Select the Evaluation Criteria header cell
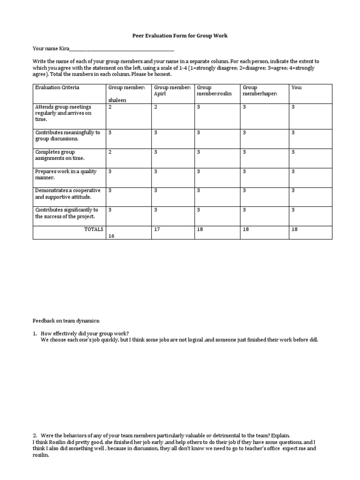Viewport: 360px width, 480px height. tap(57, 88)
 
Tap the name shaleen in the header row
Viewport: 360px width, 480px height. tap(118, 99)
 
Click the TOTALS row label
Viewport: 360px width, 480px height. tap(93, 229)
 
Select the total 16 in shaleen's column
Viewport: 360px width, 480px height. tap(112, 236)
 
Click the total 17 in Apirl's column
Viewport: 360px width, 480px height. tap(157, 229)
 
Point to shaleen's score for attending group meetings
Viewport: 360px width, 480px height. tap(110, 107)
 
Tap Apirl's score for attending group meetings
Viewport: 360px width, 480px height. tap(156, 107)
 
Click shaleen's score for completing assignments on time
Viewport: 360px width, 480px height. tap(110, 152)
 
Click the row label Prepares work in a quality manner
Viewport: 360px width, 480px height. tap(66, 174)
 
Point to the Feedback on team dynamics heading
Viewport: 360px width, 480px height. tap(66, 321)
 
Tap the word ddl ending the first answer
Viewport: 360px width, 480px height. tap(314, 340)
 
